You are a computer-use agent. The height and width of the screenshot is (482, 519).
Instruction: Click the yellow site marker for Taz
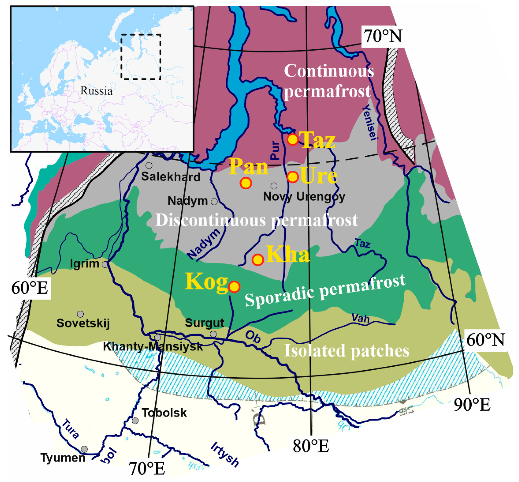[x=292, y=139]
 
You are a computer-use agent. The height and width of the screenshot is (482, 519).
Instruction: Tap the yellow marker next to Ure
[x=292, y=177]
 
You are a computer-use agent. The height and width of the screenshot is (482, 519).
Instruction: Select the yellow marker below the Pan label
[x=245, y=183]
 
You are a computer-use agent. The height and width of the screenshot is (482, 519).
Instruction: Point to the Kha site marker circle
[x=258, y=260]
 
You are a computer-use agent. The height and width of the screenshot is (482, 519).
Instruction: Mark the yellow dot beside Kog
[x=234, y=287]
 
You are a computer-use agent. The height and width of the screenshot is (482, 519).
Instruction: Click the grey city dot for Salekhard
[x=149, y=165]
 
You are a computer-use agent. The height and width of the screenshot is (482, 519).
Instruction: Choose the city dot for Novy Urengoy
[x=274, y=186]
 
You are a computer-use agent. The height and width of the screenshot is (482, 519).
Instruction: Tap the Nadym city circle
[x=214, y=201]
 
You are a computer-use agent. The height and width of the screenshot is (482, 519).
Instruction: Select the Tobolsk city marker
[x=135, y=421]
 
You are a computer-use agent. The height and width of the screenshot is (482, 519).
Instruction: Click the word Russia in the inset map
[x=96, y=91]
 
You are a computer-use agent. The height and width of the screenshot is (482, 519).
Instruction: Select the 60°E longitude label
[x=29, y=288]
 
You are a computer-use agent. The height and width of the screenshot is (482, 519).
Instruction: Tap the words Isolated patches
[x=346, y=350]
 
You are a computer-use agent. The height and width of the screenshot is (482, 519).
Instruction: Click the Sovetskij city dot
[x=80, y=314]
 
